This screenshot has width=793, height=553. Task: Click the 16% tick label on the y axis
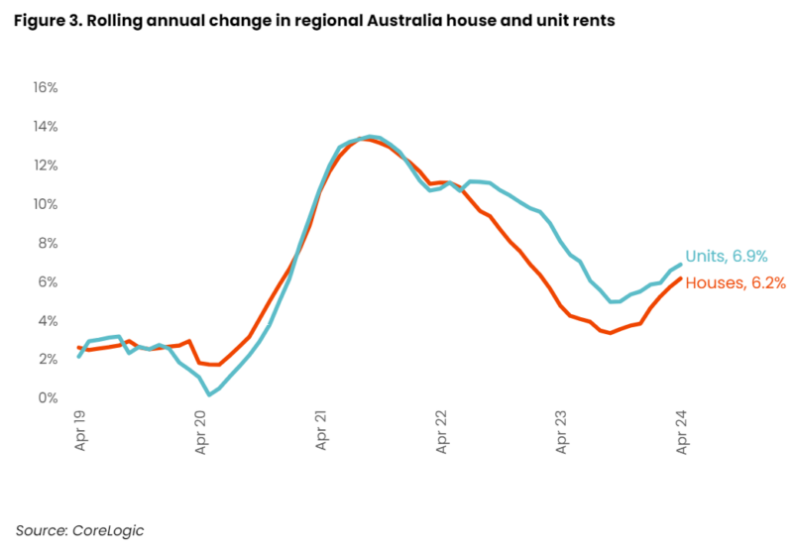click(46, 88)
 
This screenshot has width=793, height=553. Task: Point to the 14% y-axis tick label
click(46, 127)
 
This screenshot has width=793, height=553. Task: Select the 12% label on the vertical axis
click(46, 166)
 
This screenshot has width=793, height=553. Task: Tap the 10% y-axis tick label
click(46, 204)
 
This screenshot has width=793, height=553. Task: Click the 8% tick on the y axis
click(48, 243)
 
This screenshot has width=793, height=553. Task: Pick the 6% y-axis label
click(48, 282)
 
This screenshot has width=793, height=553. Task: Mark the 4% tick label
click(48, 321)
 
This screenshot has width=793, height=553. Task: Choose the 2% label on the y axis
click(48, 360)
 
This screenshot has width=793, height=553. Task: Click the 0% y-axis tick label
click(48, 398)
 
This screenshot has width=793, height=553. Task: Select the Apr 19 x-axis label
click(80, 431)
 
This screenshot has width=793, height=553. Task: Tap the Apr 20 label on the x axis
click(201, 431)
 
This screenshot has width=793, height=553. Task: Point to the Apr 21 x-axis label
click(321, 431)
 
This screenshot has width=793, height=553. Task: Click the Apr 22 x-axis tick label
click(441, 431)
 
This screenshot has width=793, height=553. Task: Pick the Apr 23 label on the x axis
click(562, 431)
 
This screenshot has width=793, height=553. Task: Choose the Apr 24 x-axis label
click(682, 431)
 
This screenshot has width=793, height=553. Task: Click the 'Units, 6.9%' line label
click(726, 257)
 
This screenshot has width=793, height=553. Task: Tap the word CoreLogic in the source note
click(106, 530)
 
